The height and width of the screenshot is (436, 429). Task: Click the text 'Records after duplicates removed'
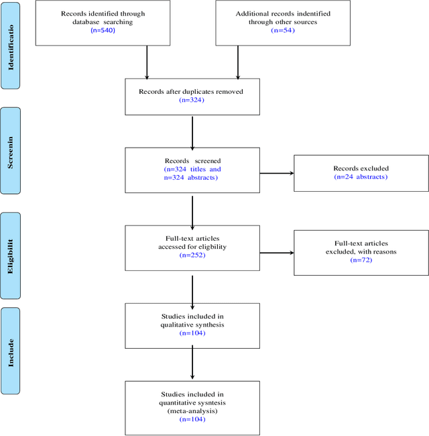click(192, 91)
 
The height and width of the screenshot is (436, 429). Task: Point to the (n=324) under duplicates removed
click(192, 100)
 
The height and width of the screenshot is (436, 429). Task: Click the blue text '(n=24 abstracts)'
click(361, 177)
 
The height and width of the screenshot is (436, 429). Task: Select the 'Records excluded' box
click(361, 173)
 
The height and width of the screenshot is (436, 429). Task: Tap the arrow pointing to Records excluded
click(276, 173)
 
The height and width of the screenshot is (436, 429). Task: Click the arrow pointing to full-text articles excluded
click(276, 253)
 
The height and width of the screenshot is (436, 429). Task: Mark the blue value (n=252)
click(192, 256)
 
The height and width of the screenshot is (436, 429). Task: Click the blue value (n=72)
click(361, 260)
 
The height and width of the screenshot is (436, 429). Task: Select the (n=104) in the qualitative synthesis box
click(192, 333)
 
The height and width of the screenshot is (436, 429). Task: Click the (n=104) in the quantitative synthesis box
click(192, 419)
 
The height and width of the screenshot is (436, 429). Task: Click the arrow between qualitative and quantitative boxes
click(192, 364)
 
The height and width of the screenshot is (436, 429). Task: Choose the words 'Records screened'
click(192, 161)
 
